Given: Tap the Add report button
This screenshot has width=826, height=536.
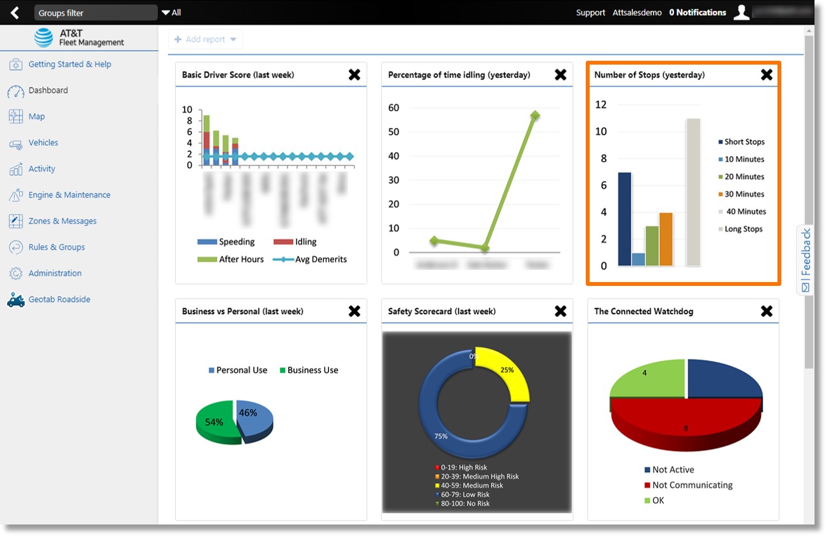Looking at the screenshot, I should tap(205, 40).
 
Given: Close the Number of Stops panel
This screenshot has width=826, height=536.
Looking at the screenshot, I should tap(767, 75).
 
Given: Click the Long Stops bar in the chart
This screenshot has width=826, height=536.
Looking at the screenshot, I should tap(693, 192).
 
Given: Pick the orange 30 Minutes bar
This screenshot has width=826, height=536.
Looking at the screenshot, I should tap(666, 239).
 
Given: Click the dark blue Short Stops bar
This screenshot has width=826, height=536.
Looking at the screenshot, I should tap(624, 219).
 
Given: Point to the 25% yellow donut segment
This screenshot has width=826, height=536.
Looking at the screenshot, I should tap(510, 375).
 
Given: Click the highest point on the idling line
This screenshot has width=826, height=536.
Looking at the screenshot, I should tap(535, 115).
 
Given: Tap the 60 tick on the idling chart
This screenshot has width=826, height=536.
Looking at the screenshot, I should tap(394, 107).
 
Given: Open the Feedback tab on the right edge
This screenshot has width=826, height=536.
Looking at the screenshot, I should tap(806, 260).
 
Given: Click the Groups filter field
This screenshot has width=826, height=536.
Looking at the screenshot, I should tap(96, 13).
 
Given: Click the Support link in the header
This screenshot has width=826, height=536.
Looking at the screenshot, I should tap(590, 13).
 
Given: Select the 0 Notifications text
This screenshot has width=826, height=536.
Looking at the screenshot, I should tap(697, 13).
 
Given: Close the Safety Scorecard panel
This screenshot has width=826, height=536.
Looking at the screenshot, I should tap(560, 311).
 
